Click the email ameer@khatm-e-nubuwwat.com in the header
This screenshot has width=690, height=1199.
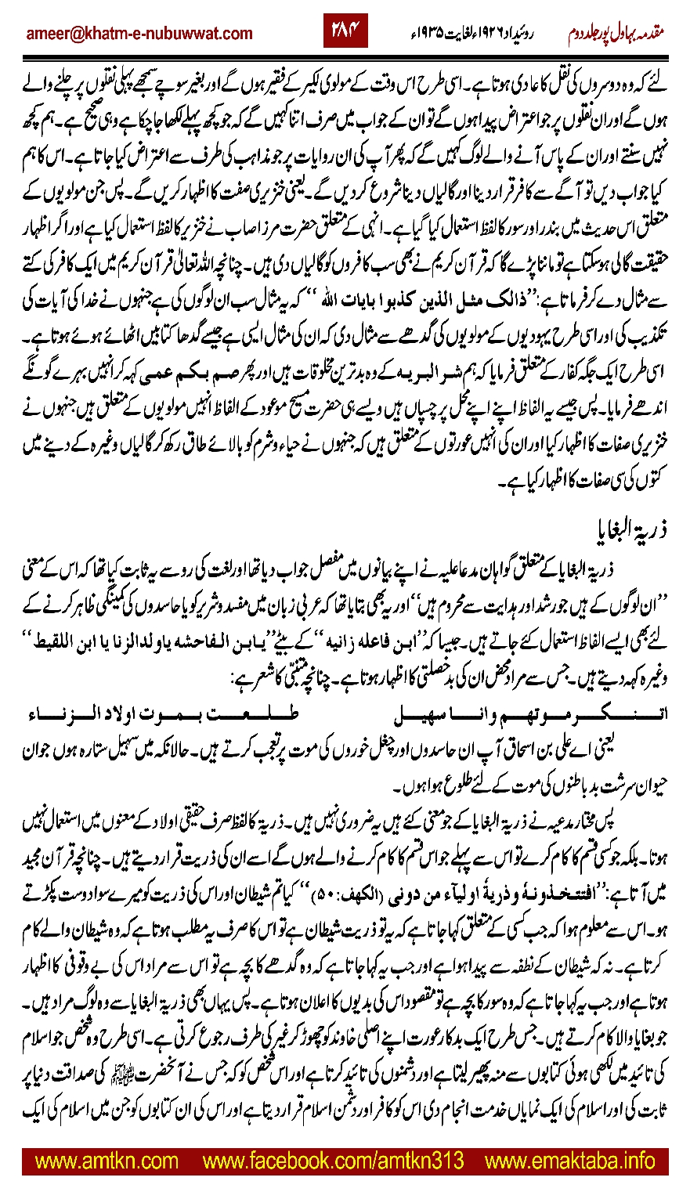pos(139,33)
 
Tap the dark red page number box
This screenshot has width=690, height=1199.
pos(345,32)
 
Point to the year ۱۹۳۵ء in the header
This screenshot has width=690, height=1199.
pos(435,34)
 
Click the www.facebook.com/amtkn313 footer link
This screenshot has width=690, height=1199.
pos(333,1161)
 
